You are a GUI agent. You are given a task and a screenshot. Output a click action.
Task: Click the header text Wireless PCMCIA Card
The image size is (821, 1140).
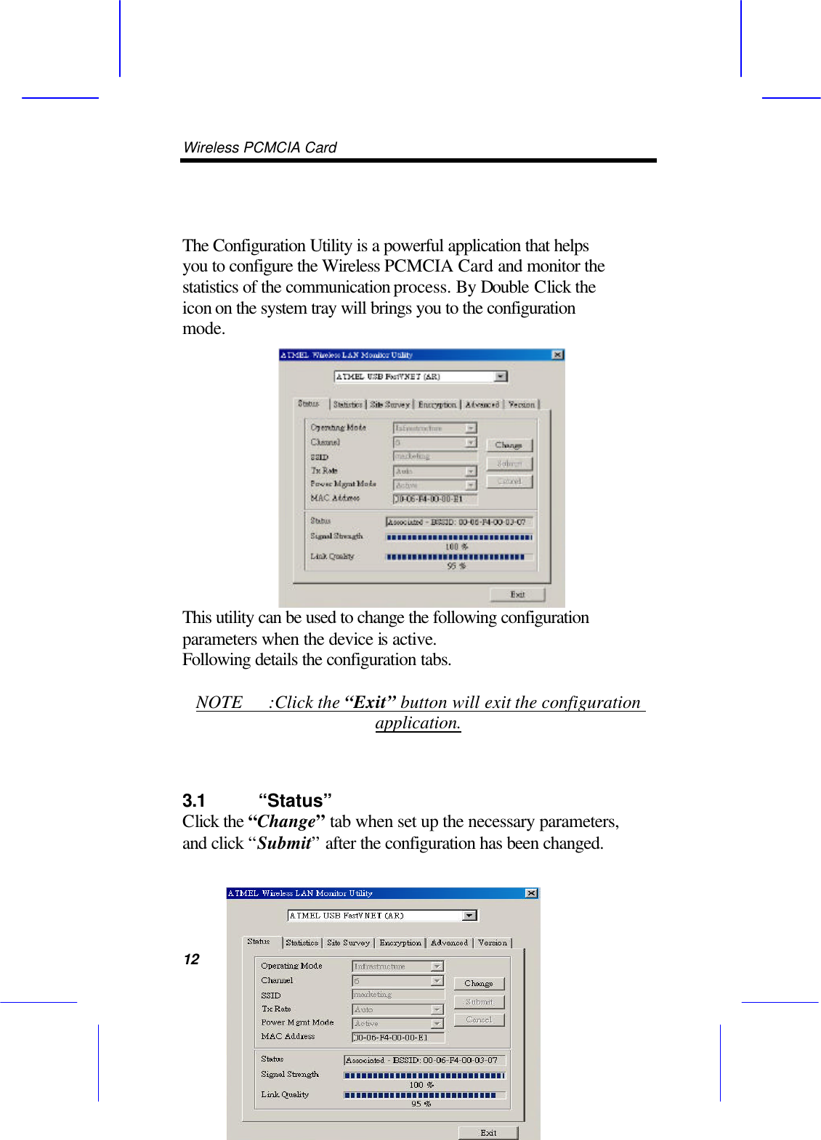259,147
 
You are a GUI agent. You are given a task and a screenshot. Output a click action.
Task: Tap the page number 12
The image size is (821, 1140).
191,959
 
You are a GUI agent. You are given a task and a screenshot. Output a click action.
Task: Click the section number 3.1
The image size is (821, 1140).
194,801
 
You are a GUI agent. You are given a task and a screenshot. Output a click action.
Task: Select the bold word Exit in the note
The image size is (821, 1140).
370,702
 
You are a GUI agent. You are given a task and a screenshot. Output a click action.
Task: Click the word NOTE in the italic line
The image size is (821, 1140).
219,702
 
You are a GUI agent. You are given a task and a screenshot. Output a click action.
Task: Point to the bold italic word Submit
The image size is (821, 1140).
283,843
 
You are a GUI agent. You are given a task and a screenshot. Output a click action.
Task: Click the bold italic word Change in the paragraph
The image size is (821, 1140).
286,821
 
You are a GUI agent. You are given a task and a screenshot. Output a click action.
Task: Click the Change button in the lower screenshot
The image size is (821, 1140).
478,983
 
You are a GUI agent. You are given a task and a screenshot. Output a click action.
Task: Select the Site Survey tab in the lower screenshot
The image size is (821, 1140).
348,942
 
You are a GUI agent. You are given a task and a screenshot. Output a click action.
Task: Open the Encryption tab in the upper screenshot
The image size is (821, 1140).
437,404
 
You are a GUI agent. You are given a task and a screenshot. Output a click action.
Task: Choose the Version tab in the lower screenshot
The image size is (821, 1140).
493,942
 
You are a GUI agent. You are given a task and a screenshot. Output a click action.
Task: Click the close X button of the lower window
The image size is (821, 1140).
531,893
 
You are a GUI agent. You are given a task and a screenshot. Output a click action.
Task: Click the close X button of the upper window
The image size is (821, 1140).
557,355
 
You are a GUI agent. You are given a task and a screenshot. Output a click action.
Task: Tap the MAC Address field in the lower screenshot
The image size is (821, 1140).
397,1038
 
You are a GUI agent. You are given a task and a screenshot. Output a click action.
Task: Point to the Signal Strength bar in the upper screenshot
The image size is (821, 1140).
458,537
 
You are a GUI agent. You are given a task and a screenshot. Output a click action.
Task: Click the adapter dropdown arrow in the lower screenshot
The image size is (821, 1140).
469,916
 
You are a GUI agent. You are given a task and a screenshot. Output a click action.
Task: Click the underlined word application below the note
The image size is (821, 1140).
418,723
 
